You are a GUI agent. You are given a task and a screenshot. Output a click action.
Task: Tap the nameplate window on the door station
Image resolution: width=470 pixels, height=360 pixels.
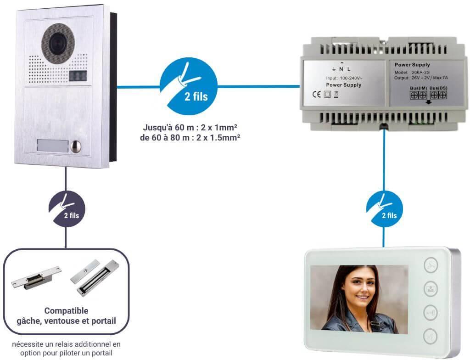(51, 146)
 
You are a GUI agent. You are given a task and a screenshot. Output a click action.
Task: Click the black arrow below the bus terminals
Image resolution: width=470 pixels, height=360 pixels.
(429, 101)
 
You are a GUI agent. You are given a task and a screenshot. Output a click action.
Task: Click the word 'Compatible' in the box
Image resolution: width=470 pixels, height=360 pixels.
(67, 311)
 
